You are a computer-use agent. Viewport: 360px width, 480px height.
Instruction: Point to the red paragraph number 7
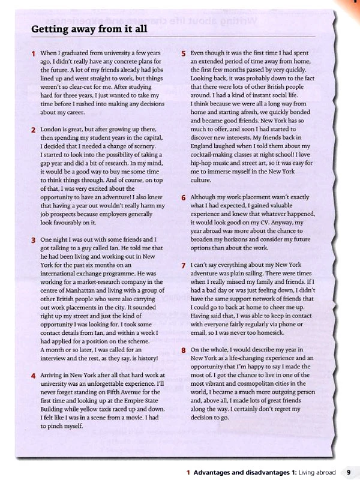pos(184,265)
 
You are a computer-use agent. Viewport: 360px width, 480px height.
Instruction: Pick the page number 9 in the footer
pos(349,472)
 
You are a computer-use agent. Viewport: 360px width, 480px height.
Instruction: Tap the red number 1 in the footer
pos(188,472)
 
